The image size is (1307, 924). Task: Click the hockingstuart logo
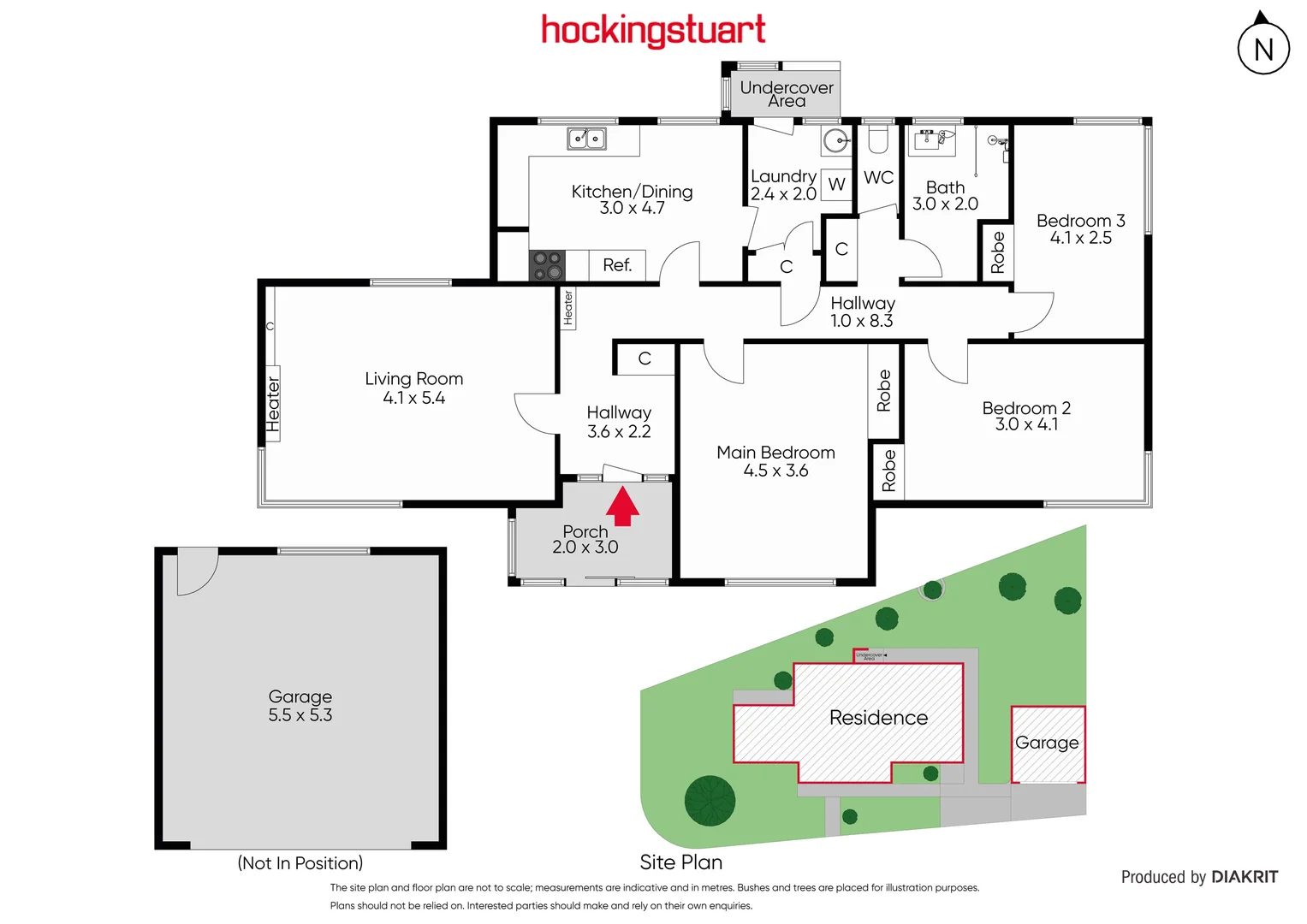pos(653,31)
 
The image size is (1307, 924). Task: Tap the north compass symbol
pos(1263,48)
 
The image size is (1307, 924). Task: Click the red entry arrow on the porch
pos(622,506)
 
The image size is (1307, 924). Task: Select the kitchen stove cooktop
pos(547,265)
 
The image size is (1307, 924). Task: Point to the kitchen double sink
pos(586,139)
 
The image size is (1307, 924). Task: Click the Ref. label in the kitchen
pos(617,265)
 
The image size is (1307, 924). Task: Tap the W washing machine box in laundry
pos(836,184)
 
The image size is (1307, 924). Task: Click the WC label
pos(878,178)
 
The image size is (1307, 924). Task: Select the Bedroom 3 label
pos(1080,221)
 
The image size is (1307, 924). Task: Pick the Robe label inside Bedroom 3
pos(997,253)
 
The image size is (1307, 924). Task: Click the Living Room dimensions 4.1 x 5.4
pos(414,398)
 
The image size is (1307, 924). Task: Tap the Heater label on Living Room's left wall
pos(273,404)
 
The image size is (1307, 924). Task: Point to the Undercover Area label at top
pos(786,94)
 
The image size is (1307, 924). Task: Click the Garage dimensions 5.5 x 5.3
pos(300,715)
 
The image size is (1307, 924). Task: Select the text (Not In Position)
pos(300,863)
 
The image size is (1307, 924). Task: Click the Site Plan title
pos(681,862)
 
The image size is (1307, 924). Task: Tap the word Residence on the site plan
pos(878,717)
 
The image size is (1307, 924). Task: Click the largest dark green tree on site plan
pos(710,801)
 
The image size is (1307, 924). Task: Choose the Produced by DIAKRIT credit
pos(1199,877)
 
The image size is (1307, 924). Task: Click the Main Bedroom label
pos(775,453)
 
